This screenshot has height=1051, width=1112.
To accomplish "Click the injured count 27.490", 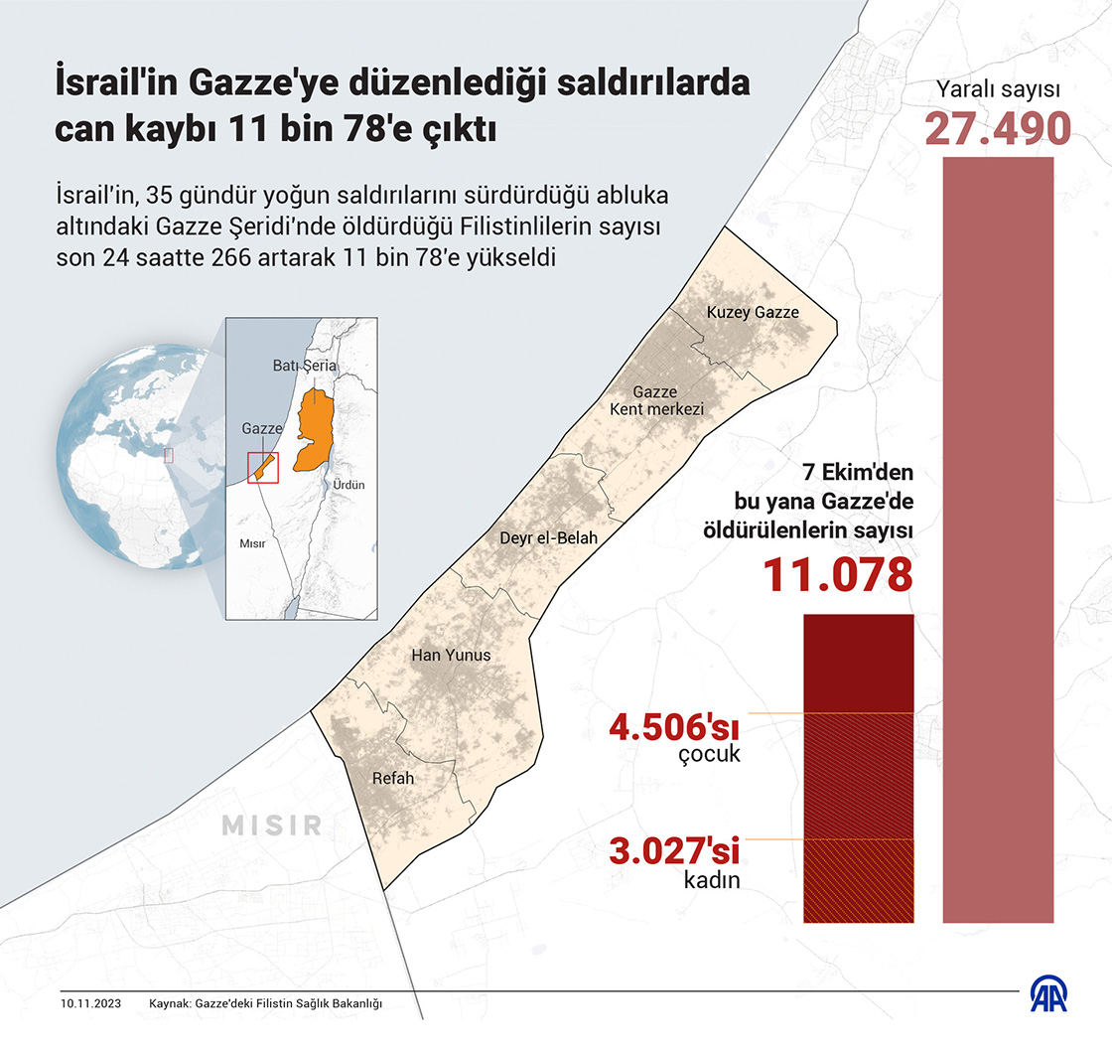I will tap(998, 129).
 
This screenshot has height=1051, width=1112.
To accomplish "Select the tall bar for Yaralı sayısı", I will tap(998, 536).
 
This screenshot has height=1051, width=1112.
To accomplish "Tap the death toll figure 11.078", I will tap(837, 575).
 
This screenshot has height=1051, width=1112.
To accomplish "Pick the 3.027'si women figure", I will tap(675, 853).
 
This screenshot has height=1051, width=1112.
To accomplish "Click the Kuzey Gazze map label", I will tap(753, 313).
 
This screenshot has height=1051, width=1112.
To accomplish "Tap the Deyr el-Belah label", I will tap(549, 538).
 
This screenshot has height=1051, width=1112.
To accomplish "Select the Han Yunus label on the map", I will tap(451, 655).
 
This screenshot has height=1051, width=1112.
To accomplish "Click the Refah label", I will tap(392, 778).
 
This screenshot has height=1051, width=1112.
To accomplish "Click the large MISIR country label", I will tap(272, 825).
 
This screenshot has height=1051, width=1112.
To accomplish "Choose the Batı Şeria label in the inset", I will tap(305, 366).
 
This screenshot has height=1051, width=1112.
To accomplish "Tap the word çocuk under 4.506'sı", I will tap(711, 754).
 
